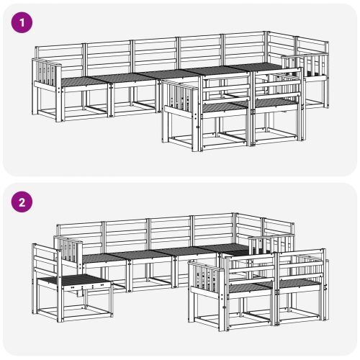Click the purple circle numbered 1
click(24, 22)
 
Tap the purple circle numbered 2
click(24, 202)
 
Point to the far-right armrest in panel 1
click(310, 66)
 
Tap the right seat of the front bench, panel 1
click(275, 102)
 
